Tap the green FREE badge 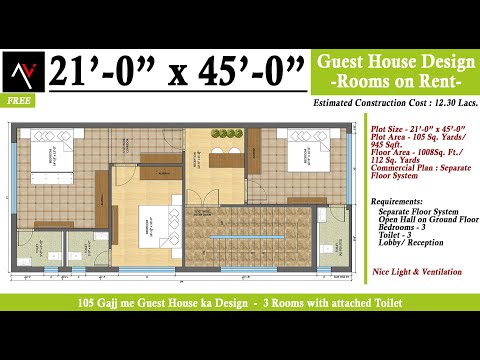tap(17, 101)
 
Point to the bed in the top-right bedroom tap(306, 154)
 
